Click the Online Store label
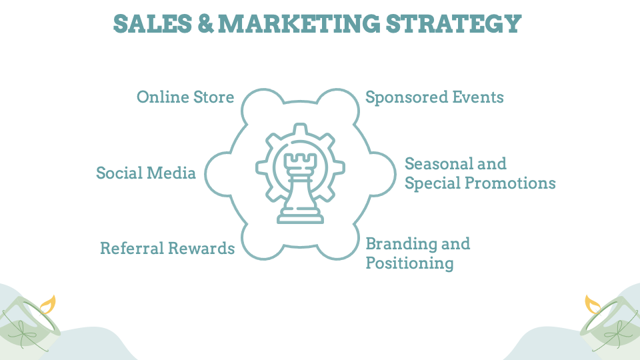(x=185, y=97)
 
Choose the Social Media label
(x=146, y=173)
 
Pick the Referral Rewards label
(x=167, y=249)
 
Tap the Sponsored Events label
(x=434, y=97)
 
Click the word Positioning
(x=409, y=263)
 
